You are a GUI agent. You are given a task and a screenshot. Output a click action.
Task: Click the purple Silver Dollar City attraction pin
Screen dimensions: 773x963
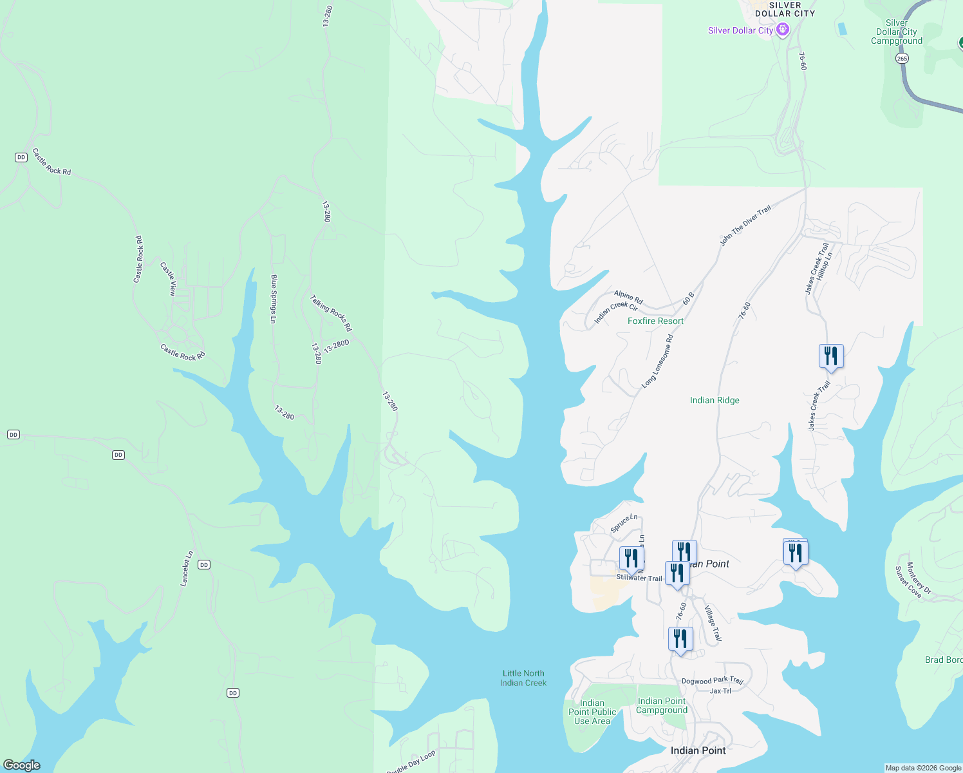click(x=783, y=30)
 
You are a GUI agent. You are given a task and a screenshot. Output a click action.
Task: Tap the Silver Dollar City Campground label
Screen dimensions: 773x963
click(x=897, y=32)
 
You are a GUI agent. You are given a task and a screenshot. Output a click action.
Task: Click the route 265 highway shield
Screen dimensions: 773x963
click(x=902, y=58)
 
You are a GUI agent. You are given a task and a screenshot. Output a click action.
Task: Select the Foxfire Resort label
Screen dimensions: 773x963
click(x=655, y=321)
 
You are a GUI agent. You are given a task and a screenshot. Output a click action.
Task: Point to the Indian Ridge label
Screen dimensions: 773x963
click(x=715, y=400)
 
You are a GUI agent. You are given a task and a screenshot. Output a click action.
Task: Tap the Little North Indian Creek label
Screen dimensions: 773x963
click(x=523, y=678)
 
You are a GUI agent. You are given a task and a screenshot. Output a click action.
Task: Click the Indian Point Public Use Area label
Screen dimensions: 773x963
click(x=592, y=712)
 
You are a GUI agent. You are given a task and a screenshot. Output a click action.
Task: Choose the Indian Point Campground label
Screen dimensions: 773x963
click(x=662, y=705)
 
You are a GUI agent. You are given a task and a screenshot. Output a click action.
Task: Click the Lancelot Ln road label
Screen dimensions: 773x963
click(x=186, y=569)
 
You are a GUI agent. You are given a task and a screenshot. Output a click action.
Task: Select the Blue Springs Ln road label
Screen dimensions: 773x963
click(x=274, y=299)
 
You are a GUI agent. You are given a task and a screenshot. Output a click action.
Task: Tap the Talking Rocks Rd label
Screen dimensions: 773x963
click(x=331, y=313)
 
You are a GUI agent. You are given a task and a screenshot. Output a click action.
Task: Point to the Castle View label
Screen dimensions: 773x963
click(x=168, y=278)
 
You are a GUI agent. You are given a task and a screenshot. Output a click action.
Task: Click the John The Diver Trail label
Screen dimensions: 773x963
click(x=745, y=225)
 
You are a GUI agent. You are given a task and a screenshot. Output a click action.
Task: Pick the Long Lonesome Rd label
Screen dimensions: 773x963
click(x=657, y=361)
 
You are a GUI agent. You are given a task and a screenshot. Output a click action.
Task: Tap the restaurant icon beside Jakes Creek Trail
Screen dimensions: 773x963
click(x=831, y=356)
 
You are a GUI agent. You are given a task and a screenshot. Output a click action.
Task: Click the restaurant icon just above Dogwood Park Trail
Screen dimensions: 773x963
click(x=680, y=639)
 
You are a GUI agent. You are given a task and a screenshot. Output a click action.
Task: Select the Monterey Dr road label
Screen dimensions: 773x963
click(x=919, y=578)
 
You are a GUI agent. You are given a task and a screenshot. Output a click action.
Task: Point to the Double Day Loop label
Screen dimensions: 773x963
click(x=411, y=761)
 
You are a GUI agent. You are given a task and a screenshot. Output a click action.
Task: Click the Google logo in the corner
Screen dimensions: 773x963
click(x=22, y=765)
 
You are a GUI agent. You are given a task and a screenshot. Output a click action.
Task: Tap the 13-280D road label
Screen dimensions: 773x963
click(x=336, y=347)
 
